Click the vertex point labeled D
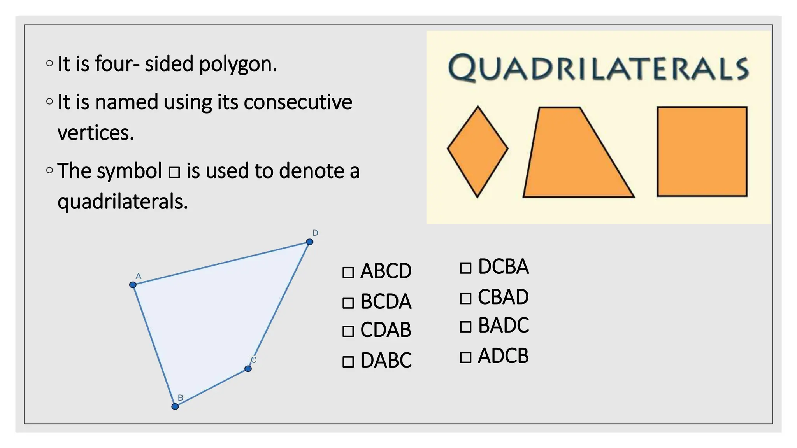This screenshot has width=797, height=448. pyautogui.click(x=309, y=242)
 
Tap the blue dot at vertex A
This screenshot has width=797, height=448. pyautogui.click(x=133, y=285)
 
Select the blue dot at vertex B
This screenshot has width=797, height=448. pyautogui.click(x=175, y=406)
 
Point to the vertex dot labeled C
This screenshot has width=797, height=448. pyautogui.click(x=248, y=368)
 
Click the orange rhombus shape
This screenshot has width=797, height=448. pyautogui.click(x=477, y=152)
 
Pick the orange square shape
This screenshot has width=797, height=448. pyautogui.click(x=702, y=151)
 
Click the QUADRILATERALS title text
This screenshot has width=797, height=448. pyautogui.click(x=598, y=68)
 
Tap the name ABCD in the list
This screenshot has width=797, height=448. pyautogui.click(x=386, y=271)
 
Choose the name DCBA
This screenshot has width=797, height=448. pyautogui.click(x=503, y=267)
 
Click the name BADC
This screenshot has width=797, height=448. pyautogui.click(x=503, y=325)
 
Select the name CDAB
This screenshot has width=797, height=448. pyautogui.click(x=386, y=330)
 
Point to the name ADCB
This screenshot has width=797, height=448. pyautogui.click(x=503, y=356)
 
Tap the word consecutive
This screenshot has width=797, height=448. pyautogui.click(x=298, y=102)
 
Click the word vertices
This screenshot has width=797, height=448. pyautogui.click(x=95, y=133)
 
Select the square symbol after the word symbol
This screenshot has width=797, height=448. pyautogui.click(x=174, y=172)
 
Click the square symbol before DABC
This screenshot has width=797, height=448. pyautogui.click(x=348, y=362)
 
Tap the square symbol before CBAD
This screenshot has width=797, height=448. pyautogui.click(x=465, y=298)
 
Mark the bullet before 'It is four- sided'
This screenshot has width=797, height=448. pyautogui.click(x=49, y=63)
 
